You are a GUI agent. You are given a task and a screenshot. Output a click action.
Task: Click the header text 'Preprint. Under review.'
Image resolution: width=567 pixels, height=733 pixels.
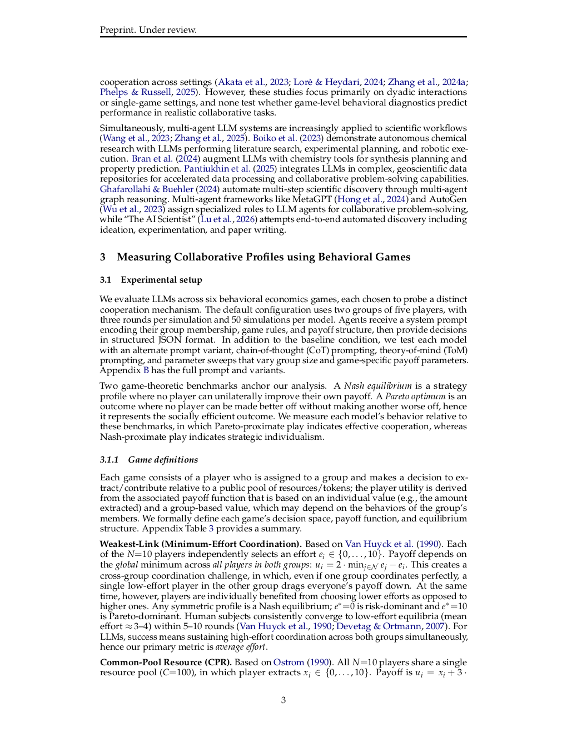click(148, 30)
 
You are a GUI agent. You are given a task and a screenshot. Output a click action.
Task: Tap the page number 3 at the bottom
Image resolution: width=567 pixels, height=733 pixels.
click(283, 700)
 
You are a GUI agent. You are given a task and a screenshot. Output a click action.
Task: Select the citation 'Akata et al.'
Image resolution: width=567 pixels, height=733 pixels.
click(241, 82)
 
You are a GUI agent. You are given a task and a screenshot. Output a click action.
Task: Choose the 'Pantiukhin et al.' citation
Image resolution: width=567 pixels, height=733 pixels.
click(217, 169)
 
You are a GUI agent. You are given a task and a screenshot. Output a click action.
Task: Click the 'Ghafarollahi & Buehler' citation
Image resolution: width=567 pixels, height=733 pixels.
click(147, 189)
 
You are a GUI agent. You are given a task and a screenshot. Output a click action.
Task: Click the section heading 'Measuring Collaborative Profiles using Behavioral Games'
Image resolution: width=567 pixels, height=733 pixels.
click(263, 257)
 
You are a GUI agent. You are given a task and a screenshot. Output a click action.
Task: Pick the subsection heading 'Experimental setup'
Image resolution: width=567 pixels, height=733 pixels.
click(161, 280)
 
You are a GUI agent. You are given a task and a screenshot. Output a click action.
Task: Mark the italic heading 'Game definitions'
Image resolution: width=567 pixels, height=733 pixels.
click(163, 460)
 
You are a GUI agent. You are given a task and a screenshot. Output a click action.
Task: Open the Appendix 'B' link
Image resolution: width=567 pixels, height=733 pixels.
click(146, 370)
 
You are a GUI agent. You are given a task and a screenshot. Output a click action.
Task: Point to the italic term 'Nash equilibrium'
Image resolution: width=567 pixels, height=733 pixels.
click(378, 386)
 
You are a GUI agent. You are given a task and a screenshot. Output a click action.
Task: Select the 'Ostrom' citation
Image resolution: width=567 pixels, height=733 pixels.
click(289, 662)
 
